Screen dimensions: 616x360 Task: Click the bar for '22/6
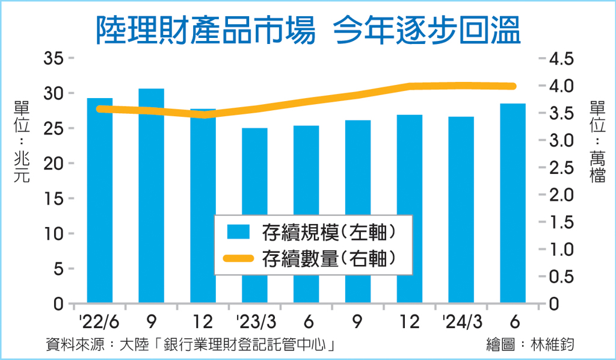(100, 200)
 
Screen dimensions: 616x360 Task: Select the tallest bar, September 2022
(151, 196)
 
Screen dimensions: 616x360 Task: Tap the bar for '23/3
(254, 216)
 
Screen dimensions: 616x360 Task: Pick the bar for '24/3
(461, 210)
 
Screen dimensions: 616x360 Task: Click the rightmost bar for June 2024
(513, 203)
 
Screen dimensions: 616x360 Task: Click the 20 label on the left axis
(54, 163)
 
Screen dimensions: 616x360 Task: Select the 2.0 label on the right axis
(561, 195)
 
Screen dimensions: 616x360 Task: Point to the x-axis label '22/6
(99, 322)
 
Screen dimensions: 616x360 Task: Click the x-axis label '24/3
(462, 322)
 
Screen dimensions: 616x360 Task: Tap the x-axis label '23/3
(256, 322)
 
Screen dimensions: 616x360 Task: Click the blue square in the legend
(238, 232)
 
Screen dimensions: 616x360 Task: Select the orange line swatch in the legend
(238, 258)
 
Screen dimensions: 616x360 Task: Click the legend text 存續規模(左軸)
(329, 232)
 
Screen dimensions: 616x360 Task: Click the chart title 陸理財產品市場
(206, 29)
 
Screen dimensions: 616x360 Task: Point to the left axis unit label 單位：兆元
(22, 141)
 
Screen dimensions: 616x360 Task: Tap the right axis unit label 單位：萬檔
(597, 141)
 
